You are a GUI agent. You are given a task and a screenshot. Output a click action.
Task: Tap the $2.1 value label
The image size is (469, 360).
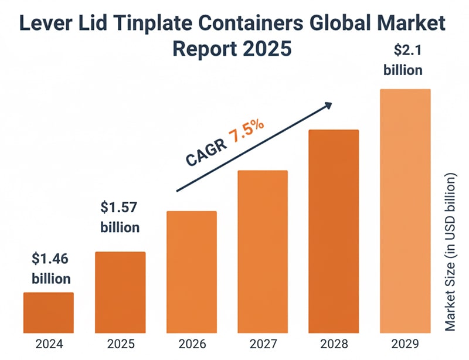click(x=403, y=50)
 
